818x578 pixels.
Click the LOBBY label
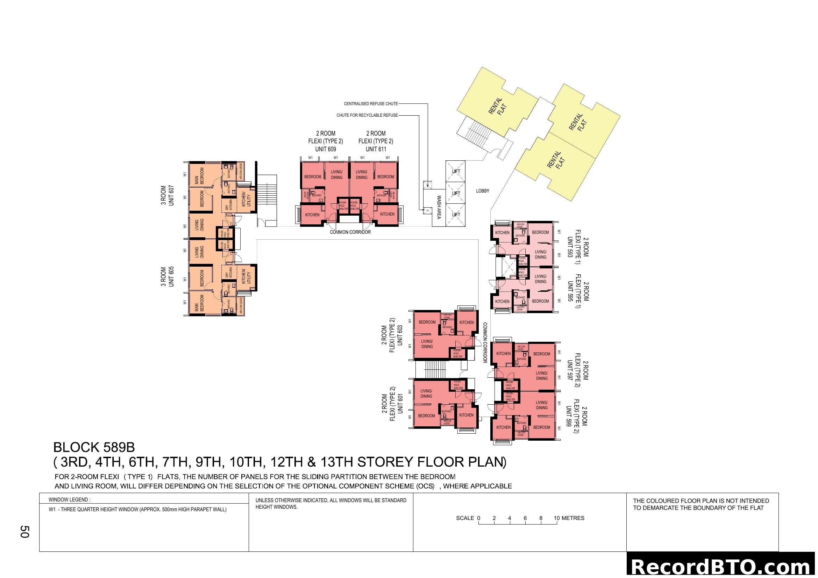point(482,191)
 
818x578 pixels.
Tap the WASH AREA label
point(439,207)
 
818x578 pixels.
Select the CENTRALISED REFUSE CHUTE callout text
point(370,104)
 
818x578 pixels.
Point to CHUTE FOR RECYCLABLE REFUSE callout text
point(367,115)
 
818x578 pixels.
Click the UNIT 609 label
point(325,149)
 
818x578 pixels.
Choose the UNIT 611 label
point(376,149)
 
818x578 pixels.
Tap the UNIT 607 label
point(171,195)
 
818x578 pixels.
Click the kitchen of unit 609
point(312,215)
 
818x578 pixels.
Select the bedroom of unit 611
point(385,177)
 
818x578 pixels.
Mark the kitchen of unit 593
point(502,233)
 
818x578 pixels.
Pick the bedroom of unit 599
point(541,427)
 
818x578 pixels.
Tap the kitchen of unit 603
point(467,323)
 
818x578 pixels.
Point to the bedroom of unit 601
point(426,416)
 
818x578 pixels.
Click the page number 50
point(24,532)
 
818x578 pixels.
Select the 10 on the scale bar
point(556,518)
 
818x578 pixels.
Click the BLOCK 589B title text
point(94,447)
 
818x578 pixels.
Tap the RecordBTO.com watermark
point(722,566)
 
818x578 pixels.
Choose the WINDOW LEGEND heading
point(70,500)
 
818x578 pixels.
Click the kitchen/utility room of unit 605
point(246,276)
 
